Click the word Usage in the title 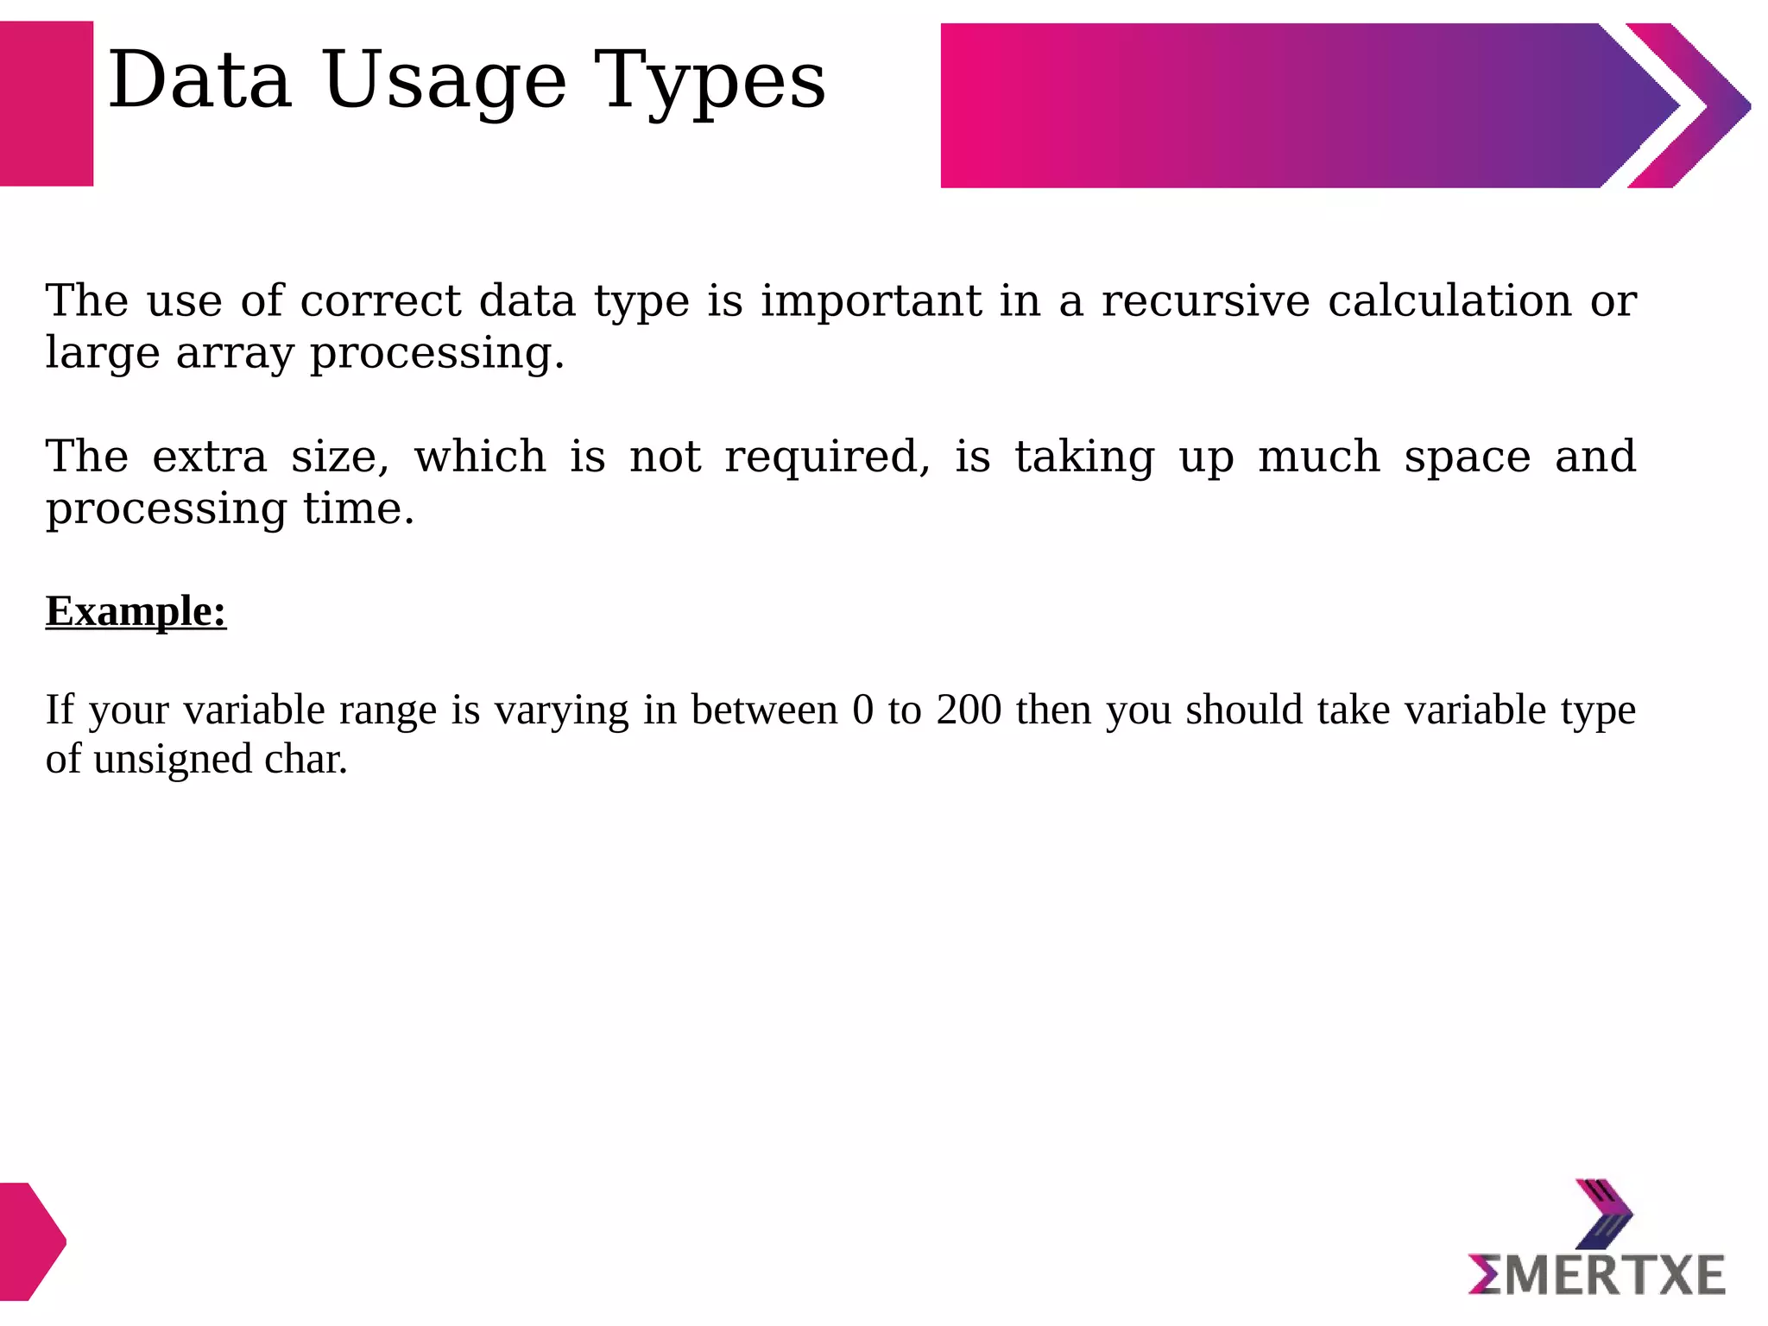(x=445, y=81)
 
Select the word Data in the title (x=200, y=81)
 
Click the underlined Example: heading (x=136, y=611)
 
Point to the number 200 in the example (x=969, y=710)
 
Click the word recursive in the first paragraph (x=1206, y=301)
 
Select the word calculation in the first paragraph (x=1449, y=301)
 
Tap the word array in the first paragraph (x=235, y=354)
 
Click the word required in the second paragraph (x=827, y=457)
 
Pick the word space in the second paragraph (x=1468, y=458)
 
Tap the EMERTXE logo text (x=1597, y=1276)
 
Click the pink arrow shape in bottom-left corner (x=31, y=1241)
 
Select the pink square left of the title (x=46, y=104)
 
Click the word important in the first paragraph (x=871, y=301)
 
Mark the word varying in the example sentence (x=561, y=711)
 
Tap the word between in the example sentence (x=764, y=710)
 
